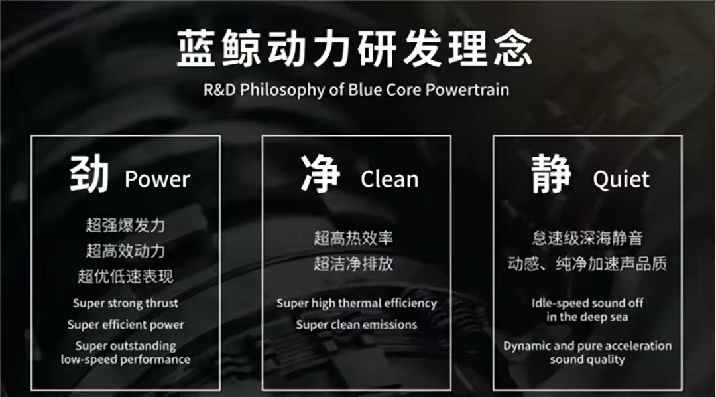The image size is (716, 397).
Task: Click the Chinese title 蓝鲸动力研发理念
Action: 355,48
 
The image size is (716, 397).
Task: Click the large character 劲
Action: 89,174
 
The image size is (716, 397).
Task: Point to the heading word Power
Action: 158,179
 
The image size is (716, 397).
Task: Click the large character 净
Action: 321,174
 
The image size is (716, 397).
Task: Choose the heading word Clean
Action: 390,179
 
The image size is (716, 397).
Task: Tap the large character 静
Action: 552,174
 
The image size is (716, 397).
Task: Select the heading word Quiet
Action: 621,179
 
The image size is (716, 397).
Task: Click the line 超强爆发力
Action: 125,225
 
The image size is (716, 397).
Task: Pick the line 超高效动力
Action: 125,251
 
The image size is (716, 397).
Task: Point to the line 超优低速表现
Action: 125,276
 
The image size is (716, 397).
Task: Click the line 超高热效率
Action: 353,238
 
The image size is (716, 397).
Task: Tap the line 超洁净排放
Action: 353,264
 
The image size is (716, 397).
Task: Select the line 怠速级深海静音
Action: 587,238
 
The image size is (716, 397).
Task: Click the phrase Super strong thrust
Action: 125,303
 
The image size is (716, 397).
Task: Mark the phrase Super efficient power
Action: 125,325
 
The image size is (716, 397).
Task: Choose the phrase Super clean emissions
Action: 357,325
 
